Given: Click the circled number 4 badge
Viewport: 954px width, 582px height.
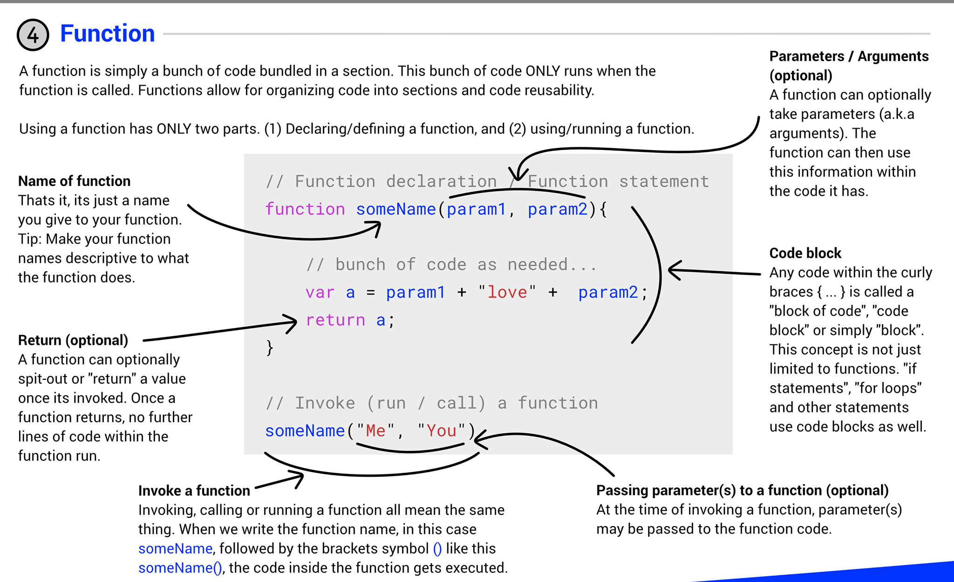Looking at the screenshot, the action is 33,35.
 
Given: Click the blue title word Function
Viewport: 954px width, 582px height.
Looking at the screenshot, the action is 108,34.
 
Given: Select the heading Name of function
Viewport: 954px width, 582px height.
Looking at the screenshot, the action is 75,181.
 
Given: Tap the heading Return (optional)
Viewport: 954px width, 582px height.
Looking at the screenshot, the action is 73,340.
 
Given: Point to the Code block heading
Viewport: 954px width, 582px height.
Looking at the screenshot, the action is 805,253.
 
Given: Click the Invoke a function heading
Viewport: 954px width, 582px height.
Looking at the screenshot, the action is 194,491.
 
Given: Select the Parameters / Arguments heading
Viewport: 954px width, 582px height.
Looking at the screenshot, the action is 849,56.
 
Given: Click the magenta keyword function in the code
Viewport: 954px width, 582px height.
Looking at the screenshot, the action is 305,209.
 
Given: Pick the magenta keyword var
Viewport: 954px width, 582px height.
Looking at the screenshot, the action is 320,293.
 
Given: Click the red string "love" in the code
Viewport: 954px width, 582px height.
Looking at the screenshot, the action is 507,292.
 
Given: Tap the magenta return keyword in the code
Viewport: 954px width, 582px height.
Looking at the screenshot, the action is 335,320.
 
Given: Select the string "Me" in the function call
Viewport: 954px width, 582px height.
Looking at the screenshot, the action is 376,431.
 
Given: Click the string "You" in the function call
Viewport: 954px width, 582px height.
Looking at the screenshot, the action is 441,431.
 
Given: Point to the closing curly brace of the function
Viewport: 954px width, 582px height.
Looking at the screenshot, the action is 270,348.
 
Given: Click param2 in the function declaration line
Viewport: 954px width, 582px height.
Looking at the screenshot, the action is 558,209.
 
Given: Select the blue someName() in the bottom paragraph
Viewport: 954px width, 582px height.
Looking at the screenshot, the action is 180,568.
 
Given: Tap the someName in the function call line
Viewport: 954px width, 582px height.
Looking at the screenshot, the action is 305,431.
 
